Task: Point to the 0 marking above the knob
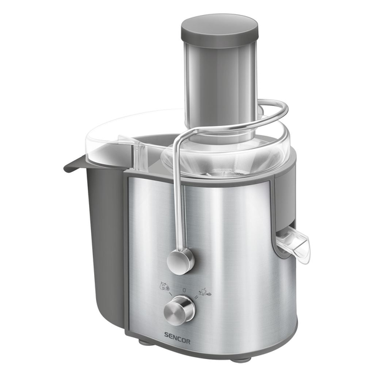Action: pos(184,289)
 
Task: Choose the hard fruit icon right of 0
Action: pos(203,290)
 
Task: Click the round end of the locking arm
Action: pos(181,261)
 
